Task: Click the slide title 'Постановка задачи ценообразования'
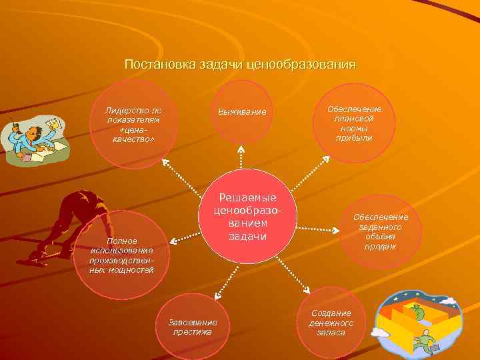[x=240, y=65]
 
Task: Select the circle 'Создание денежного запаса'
[x=331, y=323]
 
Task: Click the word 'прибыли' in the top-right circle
[x=354, y=138]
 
